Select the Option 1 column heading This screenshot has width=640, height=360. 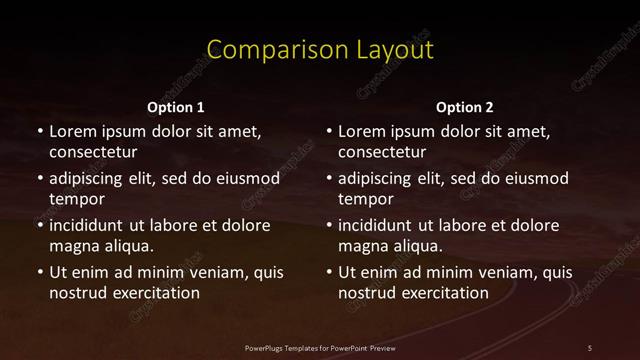pyautogui.click(x=175, y=107)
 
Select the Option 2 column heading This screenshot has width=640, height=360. pyautogui.click(x=465, y=107)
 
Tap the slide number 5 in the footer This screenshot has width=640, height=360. pyautogui.click(x=590, y=347)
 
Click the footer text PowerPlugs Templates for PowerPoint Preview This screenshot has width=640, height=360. pyautogui.click(x=319, y=347)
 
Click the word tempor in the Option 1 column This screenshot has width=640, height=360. pyautogui.click(x=76, y=199)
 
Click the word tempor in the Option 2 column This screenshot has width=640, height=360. pyautogui.click(x=366, y=199)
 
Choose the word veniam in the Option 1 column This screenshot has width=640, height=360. pyautogui.click(x=205, y=272)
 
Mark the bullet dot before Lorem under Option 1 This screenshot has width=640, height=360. pyautogui.click(x=39, y=132)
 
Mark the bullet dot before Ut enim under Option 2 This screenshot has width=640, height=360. pyautogui.click(x=329, y=272)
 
